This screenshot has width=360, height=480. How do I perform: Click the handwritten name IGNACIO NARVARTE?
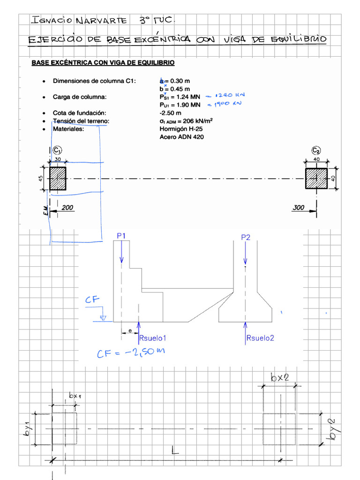pos(78,20)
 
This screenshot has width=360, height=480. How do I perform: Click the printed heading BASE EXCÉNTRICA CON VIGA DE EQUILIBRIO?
pos(103,63)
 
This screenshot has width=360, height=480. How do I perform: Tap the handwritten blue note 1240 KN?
pos(229,95)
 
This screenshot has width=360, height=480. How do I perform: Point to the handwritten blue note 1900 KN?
pos(227,104)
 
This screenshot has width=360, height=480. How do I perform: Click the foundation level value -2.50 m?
pos(170,113)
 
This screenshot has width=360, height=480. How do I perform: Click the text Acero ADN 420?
pos(182,137)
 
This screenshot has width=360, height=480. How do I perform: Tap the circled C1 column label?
pos(57,150)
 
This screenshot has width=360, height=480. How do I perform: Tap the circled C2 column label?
pos(316,150)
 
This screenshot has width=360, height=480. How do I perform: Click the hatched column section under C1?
pos(58,179)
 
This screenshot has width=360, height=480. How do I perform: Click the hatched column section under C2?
pos(317,179)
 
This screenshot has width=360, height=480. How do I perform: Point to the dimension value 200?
pos(67,207)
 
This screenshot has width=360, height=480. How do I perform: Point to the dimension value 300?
pos(299,207)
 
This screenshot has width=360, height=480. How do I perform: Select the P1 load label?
pos(121,237)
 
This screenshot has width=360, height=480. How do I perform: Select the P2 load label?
pos(246,237)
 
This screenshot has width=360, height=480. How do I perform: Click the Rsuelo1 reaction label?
pos(153,337)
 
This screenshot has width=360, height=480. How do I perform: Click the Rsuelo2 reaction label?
pos(260,337)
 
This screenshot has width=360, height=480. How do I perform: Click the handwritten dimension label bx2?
pos(279,377)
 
